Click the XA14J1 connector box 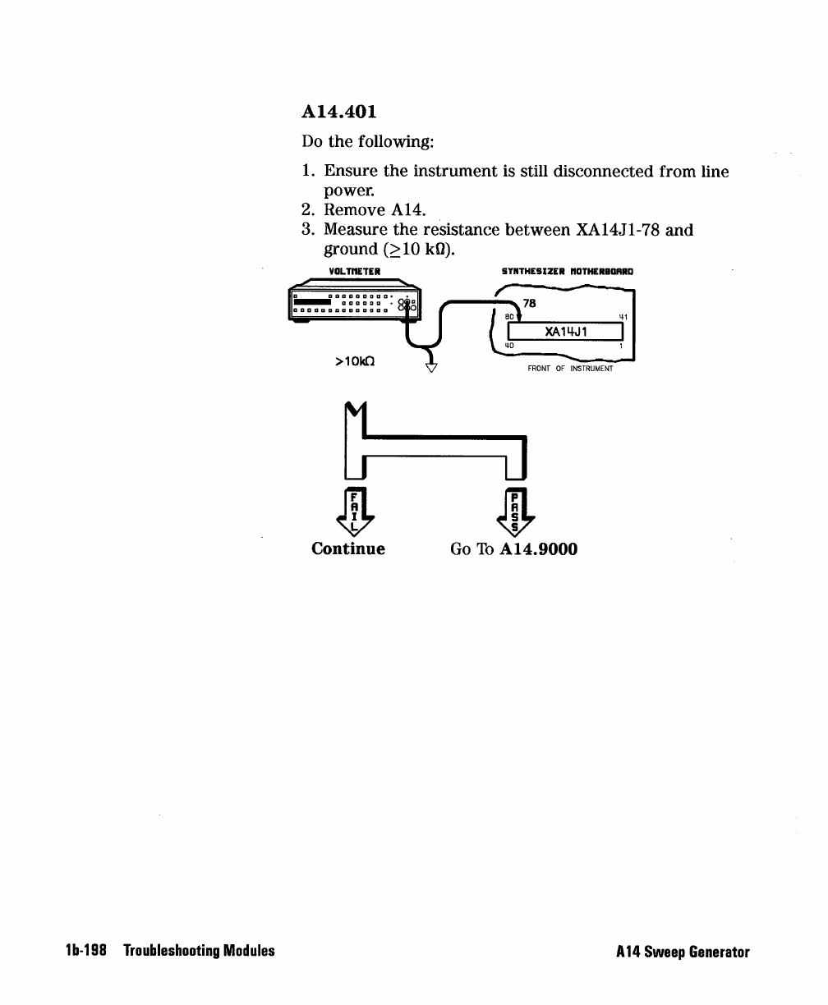tap(567, 332)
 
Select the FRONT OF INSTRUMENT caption tap(570, 369)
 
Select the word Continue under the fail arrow tap(348, 548)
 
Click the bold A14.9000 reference tap(538, 548)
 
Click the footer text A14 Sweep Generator tap(683, 952)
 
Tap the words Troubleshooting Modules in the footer tap(199, 952)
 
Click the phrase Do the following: tap(367, 142)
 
